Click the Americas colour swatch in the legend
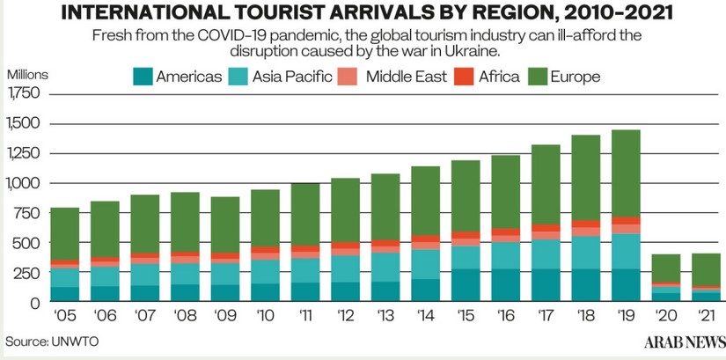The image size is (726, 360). (x=143, y=77)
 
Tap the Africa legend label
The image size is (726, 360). (x=499, y=77)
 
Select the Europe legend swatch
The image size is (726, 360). (x=538, y=77)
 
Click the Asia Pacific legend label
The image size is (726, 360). (x=292, y=77)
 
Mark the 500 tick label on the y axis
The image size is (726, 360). (x=29, y=242)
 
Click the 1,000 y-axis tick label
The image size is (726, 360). (x=25, y=183)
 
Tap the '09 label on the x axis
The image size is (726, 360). (x=225, y=314)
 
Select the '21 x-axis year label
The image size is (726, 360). (x=704, y=314)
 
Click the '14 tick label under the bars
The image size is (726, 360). (x=425, y=314)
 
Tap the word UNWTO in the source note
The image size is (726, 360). (x=70, y=340)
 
